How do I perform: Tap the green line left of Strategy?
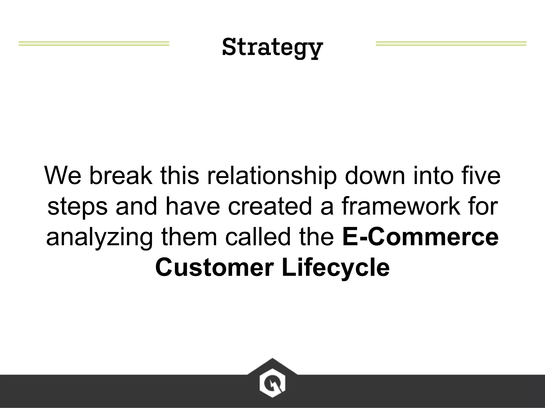94,44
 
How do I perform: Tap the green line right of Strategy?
451,44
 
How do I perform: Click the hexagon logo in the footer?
272,383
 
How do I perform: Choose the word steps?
77,207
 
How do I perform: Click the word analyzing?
100,237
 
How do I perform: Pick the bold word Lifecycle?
336,268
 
